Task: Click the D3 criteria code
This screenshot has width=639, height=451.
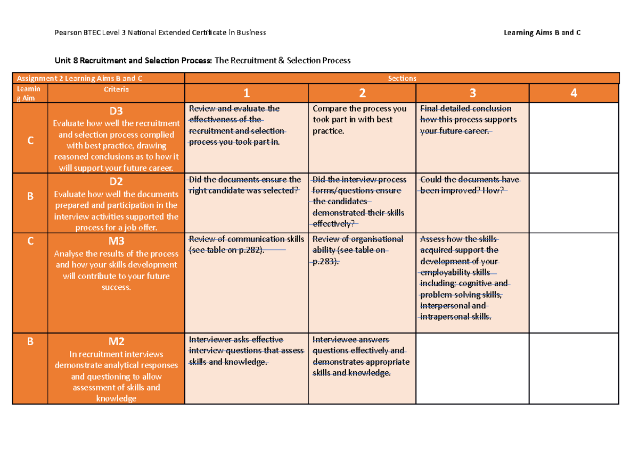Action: coord(116,111)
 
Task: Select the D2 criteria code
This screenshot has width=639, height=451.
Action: coord(116,182)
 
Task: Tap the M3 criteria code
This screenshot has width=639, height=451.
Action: coord(116,241)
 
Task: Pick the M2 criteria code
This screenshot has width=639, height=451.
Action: coord(116,341)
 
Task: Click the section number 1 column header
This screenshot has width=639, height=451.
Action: coord(246,94)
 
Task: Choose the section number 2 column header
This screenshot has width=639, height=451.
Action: coord(362,94)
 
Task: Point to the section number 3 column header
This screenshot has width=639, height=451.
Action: coord(472,94)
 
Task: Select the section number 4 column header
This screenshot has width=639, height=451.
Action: coord(574,94)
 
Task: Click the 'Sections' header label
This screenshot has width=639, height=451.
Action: coord(402,78)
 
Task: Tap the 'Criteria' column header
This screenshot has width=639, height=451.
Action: coord(116,89)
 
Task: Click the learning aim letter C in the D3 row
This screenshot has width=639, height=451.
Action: coord(30,140)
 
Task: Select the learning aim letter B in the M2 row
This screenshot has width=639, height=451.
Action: coord(30,342)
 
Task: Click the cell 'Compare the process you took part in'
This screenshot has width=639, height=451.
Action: coord(359,120)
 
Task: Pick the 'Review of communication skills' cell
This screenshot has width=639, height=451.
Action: coord(246,245)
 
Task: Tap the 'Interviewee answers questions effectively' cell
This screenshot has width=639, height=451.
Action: coord(361,356)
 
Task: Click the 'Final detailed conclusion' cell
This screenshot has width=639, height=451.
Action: coord(468,120)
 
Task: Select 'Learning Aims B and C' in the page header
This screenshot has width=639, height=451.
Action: coord(542,33)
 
